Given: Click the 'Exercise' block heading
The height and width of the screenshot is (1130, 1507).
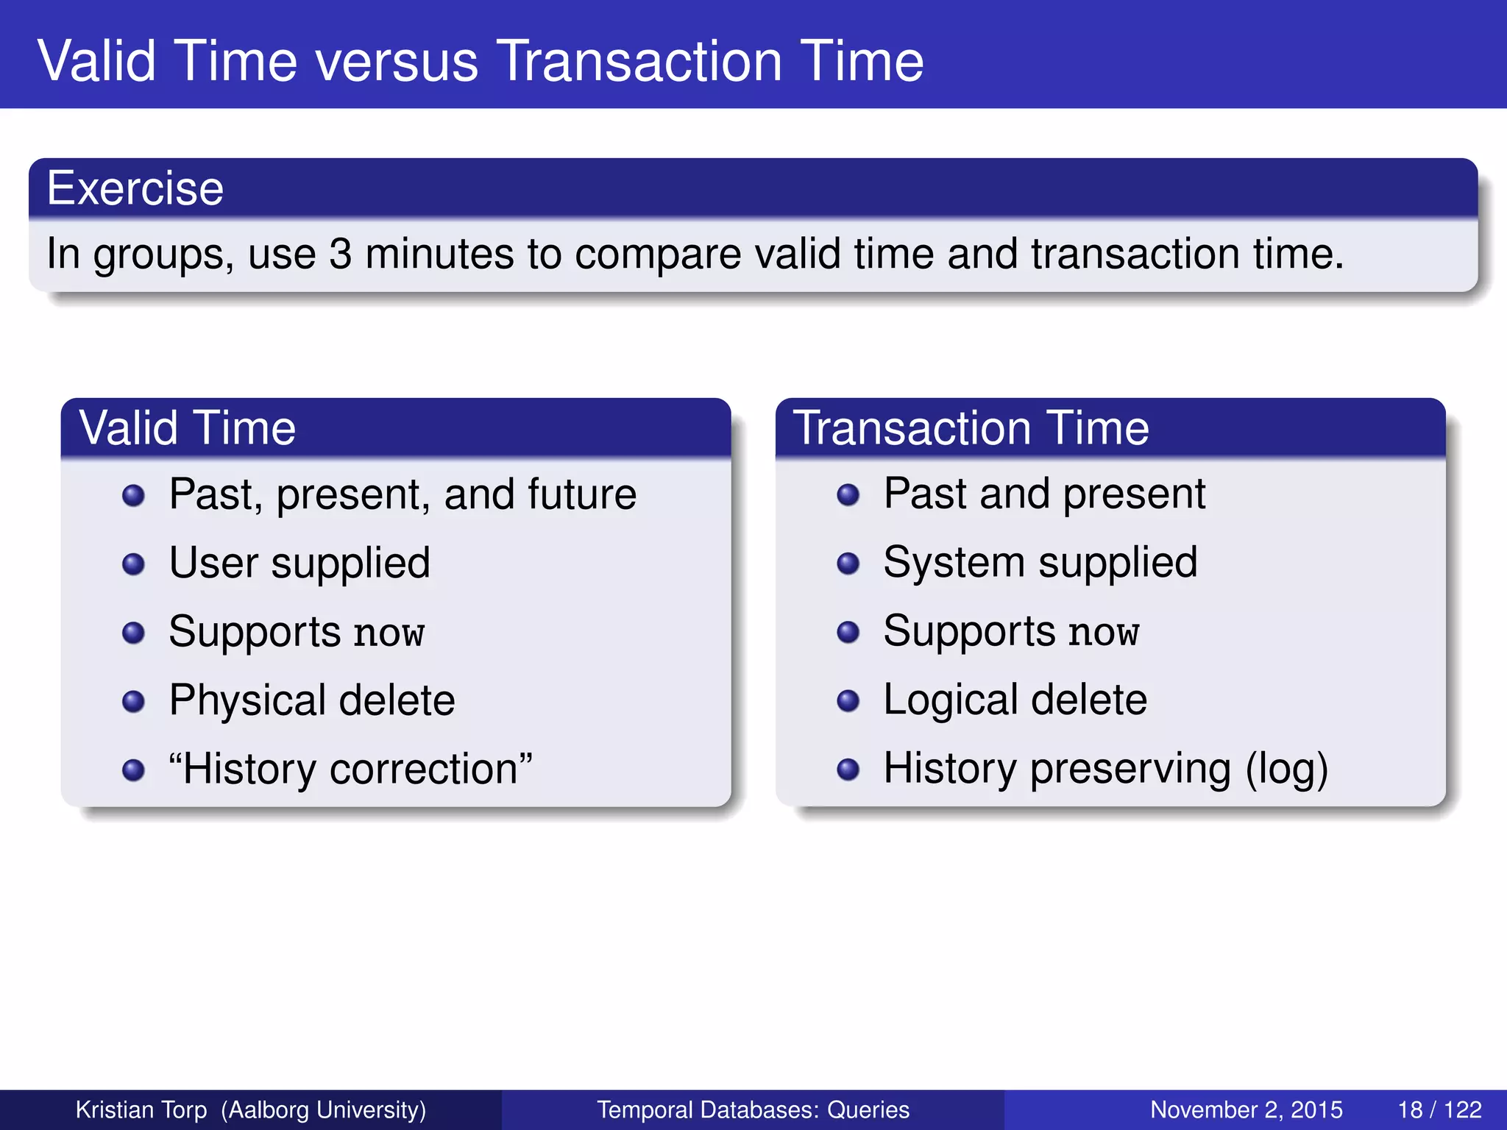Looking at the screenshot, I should (135, 188).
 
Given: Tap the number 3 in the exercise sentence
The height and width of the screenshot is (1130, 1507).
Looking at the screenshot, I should (340, 255).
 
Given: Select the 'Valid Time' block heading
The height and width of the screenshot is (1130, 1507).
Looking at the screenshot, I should (188, 427).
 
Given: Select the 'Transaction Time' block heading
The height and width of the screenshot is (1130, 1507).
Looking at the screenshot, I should (971, 427).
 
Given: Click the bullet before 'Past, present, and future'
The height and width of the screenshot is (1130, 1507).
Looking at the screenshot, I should (133, 495).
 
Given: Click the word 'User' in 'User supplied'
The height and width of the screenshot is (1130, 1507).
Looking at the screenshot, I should (213, 564).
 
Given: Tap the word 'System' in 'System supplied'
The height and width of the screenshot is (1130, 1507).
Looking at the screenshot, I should (954, 563).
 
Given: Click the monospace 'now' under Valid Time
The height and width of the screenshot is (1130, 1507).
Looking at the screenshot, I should (389, 633).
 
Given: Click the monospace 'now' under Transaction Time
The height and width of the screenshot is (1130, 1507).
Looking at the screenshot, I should (1104, 633).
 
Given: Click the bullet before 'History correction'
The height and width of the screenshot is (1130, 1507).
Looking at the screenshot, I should (133, 770).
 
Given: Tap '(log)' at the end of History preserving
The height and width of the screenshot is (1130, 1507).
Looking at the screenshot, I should (1286, 770).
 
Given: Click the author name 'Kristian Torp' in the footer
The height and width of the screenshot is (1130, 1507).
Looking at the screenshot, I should (141, 1109).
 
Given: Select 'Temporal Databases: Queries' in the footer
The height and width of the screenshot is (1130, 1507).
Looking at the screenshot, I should (753, 1109).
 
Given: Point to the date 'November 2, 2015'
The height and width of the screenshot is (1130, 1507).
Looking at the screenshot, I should (1246, 1109).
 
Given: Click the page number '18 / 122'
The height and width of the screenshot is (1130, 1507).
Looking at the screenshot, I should (1439, 1109).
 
